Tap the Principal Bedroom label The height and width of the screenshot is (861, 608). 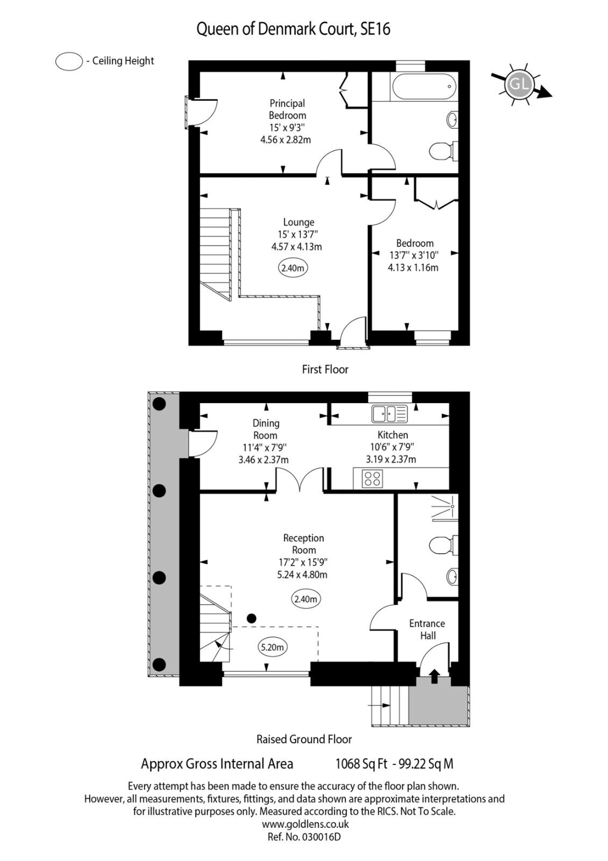(x=287, y=109)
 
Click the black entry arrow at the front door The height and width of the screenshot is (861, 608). (x=435, y=676)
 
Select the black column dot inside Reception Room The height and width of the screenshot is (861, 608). (x=251, y=618)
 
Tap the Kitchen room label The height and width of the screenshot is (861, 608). (x=393, y=435)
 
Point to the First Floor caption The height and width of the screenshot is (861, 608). (x=325, y=369)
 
